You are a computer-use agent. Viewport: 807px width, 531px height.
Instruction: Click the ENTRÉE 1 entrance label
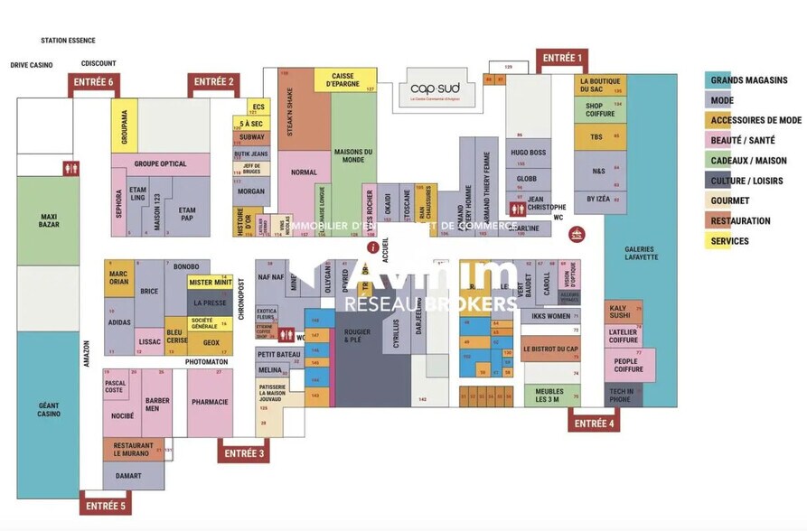coord(561,59)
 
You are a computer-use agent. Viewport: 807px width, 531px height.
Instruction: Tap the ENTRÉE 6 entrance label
coord(94,82)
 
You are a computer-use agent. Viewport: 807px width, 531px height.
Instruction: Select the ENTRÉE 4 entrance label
coord(594,423)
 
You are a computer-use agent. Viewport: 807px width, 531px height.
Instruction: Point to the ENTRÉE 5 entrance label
coord(106,505)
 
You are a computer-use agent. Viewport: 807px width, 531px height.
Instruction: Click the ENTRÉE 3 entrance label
coord(243,453)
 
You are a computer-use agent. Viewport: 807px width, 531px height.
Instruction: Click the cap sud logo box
coord(435,88)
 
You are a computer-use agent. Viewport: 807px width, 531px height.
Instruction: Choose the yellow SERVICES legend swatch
coord(718,241)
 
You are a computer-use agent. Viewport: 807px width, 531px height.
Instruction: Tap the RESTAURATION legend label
coord(740,221)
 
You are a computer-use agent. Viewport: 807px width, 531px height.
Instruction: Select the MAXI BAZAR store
coord(48,219)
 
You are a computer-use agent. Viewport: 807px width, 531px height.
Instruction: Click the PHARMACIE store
coord(210,402)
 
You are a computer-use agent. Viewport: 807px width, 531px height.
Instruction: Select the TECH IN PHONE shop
coord(623,393)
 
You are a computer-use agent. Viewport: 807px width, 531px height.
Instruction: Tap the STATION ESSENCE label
coord(68,41)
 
